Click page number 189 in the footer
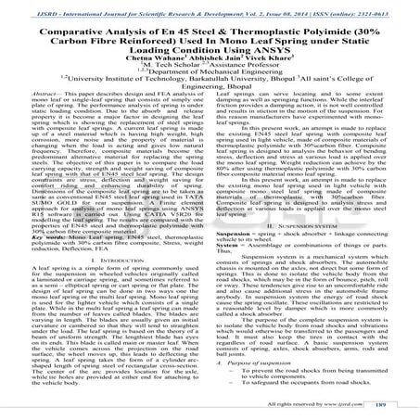pos(392,406)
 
